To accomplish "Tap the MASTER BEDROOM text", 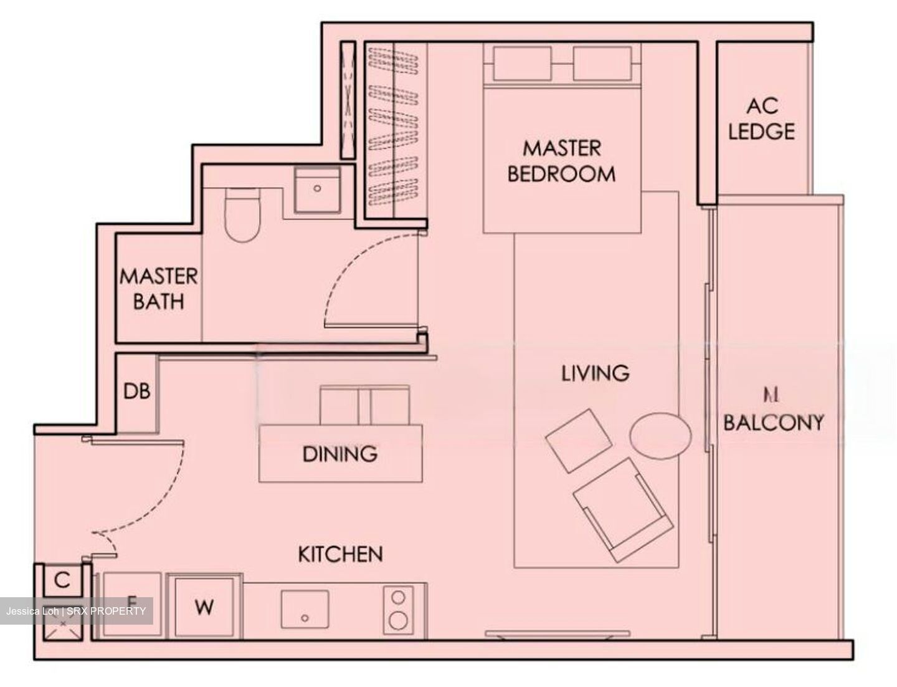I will (x=561, y=161).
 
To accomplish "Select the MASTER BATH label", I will (x=159, y=288).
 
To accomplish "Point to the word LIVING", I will (x=595, y=373).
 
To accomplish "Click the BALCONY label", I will (x=773, y=423).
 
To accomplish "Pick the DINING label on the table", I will (x=339, y=453).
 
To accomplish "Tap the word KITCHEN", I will (x=340, y=554).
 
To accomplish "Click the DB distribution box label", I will (x=136, y=392).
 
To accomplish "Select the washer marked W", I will (x=205, y=607).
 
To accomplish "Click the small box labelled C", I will (x=62, y=580).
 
